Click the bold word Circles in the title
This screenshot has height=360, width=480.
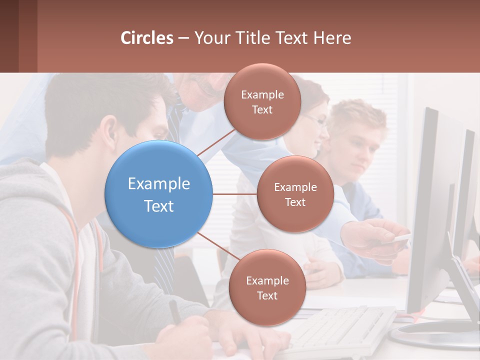point(147,38)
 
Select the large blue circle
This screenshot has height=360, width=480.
point(159,194)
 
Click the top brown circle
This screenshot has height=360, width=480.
point(262,101)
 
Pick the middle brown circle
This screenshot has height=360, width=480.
point(295,194)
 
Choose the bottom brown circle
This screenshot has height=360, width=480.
point(267,287)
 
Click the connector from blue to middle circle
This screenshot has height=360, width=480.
point(234,194)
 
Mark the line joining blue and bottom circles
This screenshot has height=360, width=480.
point(218,246)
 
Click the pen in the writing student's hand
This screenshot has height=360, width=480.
point(175,311)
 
